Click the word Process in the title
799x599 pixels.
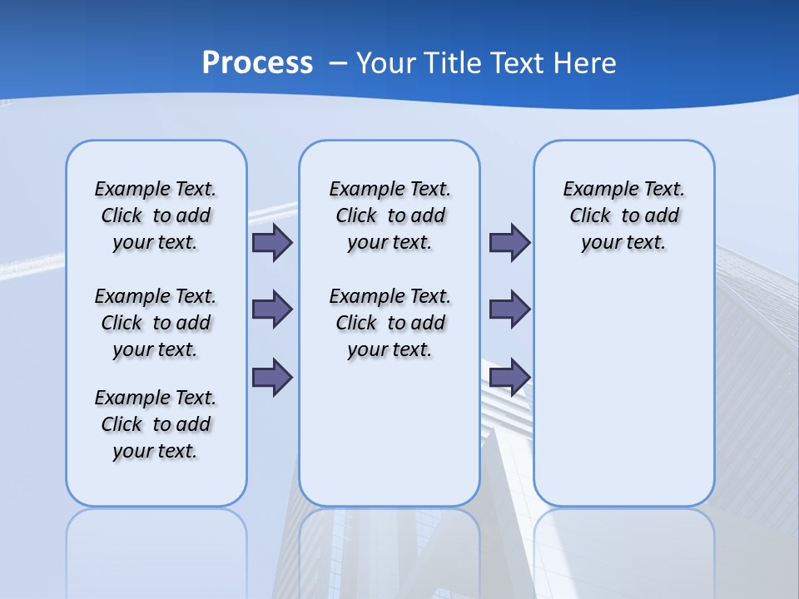pos(257,62)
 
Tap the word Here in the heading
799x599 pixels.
pos(584,63)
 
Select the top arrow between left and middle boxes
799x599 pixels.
pos(272,243)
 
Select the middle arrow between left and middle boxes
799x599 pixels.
pos(272,309)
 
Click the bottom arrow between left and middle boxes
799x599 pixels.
pos(272,377)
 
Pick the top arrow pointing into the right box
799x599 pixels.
pos(509,243)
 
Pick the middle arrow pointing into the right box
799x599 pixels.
pos(509,309)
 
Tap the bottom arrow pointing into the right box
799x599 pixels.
pos(509,377)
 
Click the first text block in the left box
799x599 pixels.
pos(156,215)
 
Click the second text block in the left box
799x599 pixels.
pos(156,323)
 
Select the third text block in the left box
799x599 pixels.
pos(156,424)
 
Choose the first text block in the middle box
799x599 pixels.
pos(390,215)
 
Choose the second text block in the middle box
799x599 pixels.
pos(390,323)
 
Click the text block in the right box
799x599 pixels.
pos(623,215)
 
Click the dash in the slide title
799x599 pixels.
pos(338,63)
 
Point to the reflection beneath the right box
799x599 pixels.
pos(623,549)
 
